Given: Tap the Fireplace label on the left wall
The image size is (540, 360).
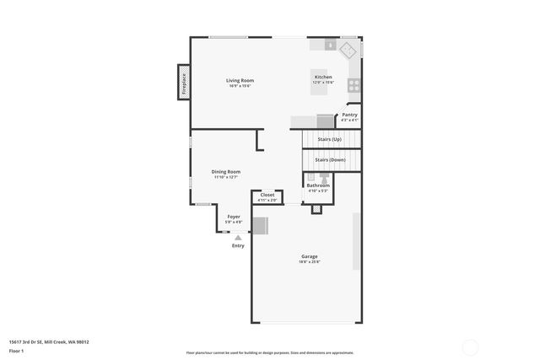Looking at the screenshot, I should click(x=183, y=83).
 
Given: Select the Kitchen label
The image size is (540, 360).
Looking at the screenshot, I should click(x=323, y=77).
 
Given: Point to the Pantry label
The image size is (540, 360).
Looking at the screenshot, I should click(x=349, y=115).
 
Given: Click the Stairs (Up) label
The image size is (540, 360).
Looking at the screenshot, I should click(x=329, y=138).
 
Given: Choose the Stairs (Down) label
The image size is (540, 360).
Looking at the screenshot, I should click(x=330, y=159).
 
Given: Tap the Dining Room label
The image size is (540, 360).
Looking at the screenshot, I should click(x=226, y=172).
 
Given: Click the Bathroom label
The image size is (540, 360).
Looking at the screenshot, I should click(x=318, y=185).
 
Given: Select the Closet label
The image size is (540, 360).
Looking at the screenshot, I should click(x=267, y=195).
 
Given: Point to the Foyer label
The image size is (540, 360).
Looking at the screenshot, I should click(x=234, y=216).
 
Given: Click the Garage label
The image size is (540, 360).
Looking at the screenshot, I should click(x=310, y=256).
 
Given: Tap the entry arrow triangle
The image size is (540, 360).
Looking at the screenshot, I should click(x=238, y=238).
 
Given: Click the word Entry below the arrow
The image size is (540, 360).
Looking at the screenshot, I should click(x=238, y=245).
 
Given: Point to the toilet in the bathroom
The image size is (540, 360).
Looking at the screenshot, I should click(x=324, y=178).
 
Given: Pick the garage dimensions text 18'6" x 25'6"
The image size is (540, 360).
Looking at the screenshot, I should click(x=310, y=262).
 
